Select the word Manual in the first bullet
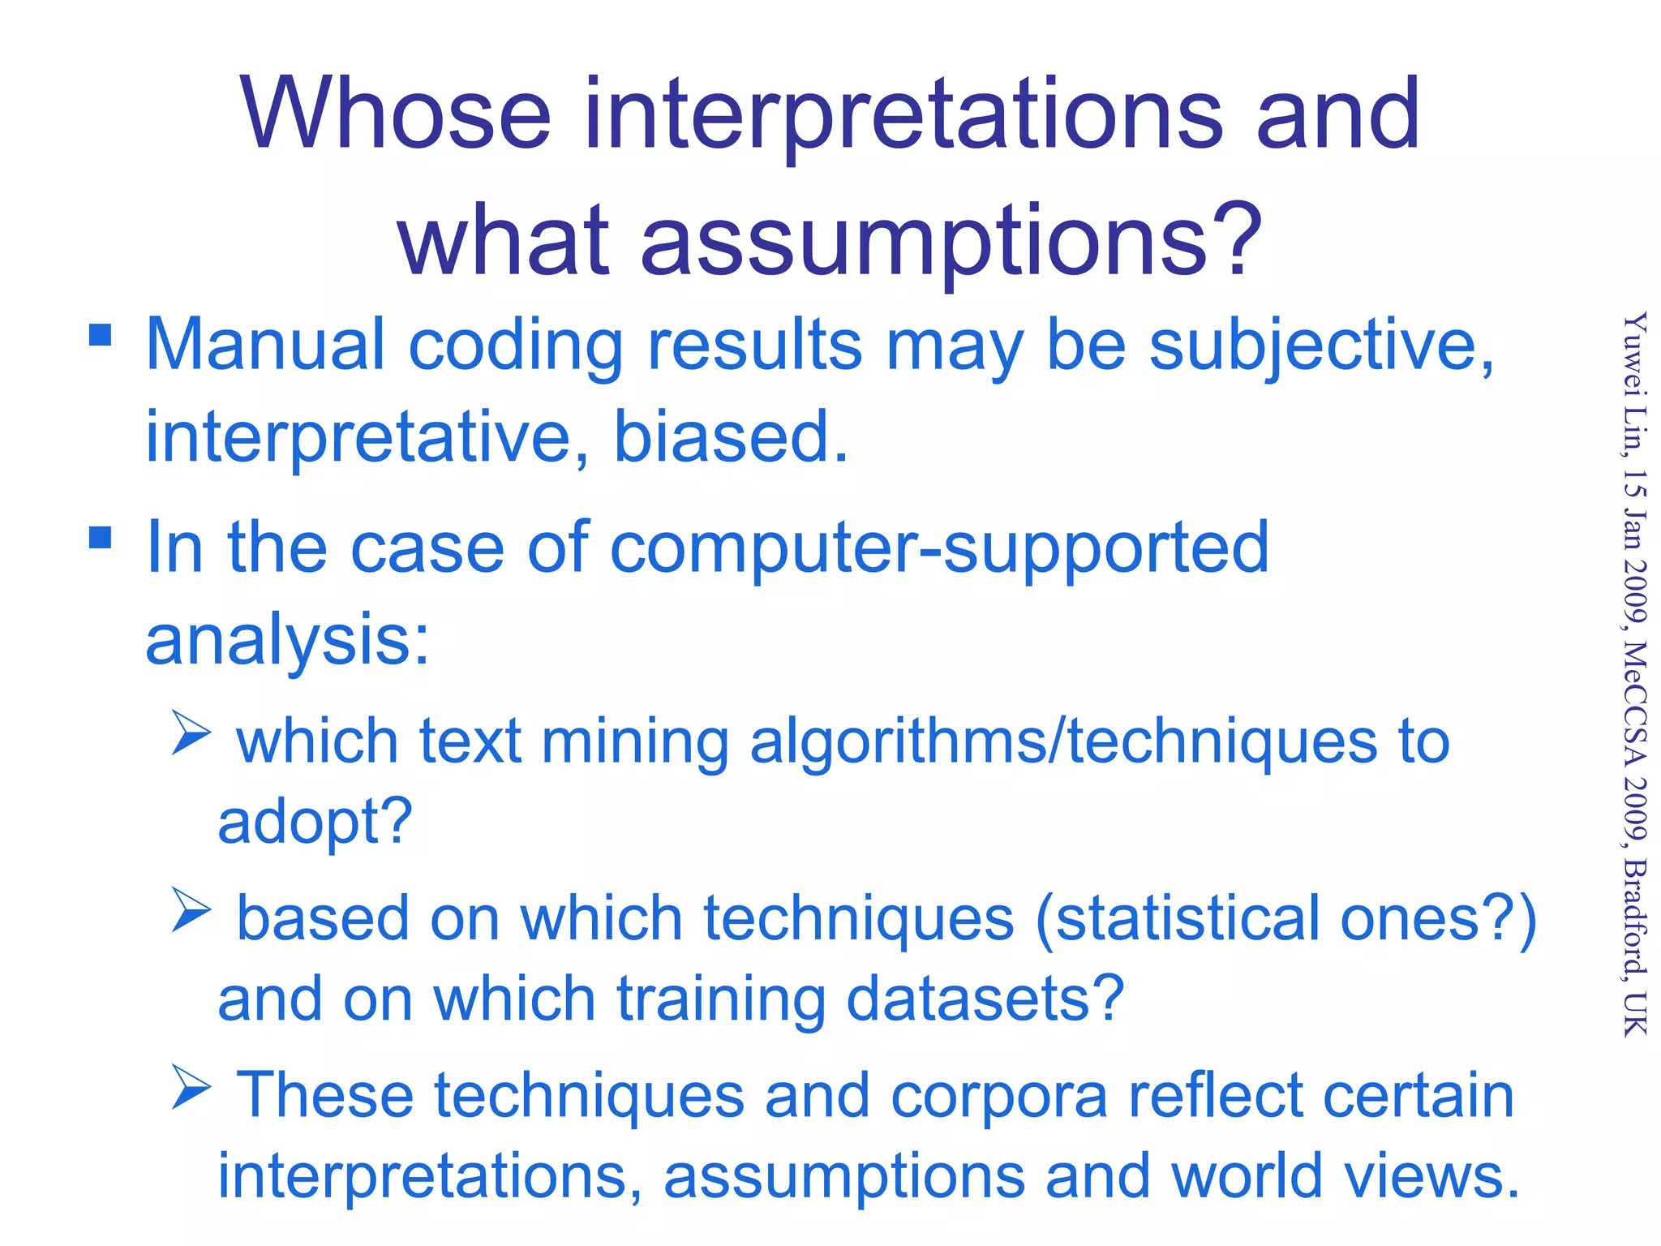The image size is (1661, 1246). (264, 345)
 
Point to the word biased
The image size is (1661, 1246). (730, 436)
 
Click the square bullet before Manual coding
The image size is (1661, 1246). (100, 335)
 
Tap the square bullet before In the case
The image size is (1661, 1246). (100, 537)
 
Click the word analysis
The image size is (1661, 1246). (286, 641)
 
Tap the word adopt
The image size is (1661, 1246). (314, 822)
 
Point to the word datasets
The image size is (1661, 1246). (984, 999)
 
